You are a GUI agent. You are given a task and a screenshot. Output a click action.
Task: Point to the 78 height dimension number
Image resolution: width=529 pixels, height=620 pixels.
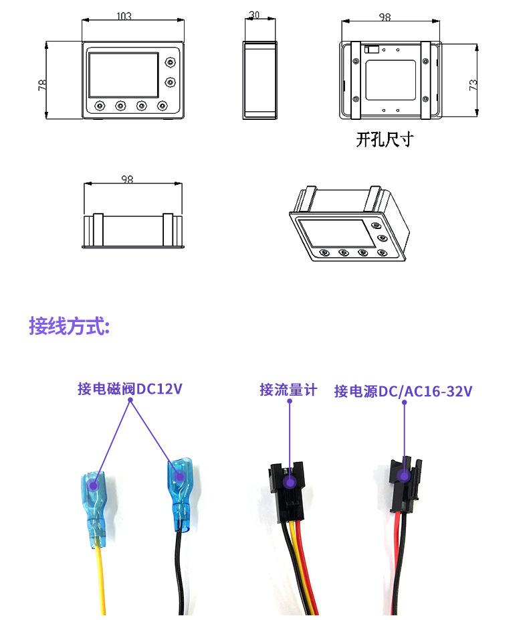click(x=41, y=84)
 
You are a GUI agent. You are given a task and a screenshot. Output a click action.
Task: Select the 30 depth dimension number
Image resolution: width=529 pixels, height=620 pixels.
click(x=254, y=14)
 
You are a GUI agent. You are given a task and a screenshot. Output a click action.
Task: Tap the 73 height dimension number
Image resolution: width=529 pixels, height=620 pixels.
click(x=473, y=84)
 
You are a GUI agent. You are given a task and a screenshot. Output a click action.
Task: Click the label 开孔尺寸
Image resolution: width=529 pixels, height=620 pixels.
click(x=384, y=140)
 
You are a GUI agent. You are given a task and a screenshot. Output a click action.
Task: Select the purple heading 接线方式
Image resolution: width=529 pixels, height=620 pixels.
click(x=69, y=326)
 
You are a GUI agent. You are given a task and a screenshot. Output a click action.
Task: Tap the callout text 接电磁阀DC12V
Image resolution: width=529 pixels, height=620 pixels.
click(x=130, y=389)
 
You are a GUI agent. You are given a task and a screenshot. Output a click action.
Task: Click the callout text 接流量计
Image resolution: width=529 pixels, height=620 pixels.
click(x=288, y=390)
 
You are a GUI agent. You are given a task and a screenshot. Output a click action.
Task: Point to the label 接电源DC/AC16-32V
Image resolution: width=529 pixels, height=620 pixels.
click(x=403, y=391)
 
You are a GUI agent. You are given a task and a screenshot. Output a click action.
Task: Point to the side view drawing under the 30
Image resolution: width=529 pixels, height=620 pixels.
click(x=258, y=80)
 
